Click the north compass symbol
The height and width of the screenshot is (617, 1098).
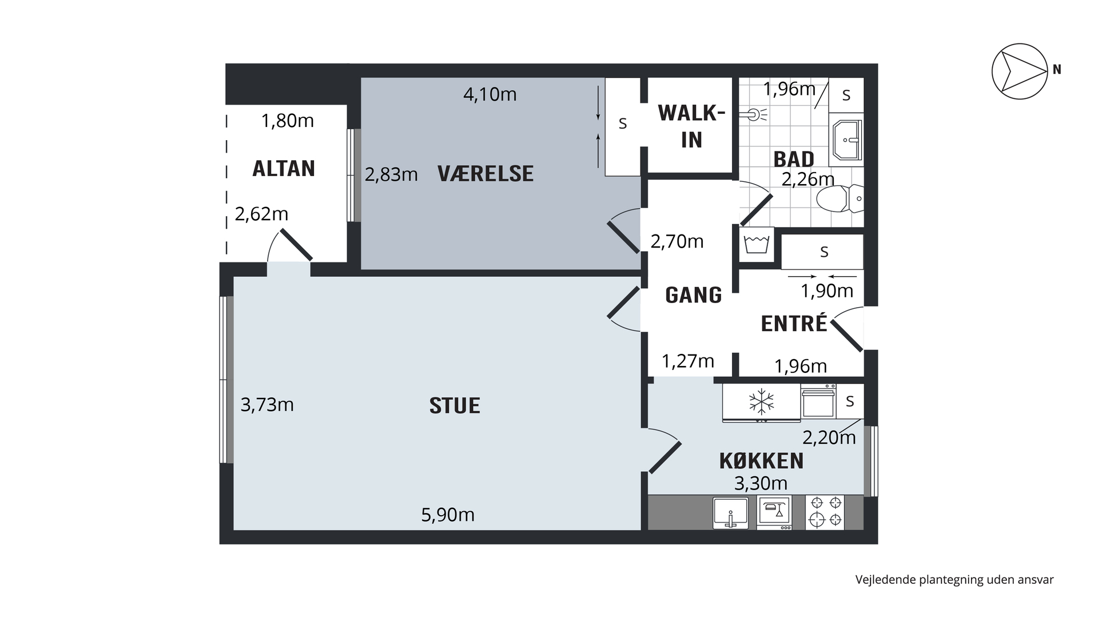click(x=1020, y=71)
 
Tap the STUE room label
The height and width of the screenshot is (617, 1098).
click(x=455, y=406)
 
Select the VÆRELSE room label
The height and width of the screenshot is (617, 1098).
click(x=486, y=174)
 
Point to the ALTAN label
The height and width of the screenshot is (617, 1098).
click(x=284, y=169)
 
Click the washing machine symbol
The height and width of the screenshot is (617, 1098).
click(x=756, y=245)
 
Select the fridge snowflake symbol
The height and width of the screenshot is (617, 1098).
click(x=761, y=402)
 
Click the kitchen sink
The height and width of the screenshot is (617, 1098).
click(x=731, y=512)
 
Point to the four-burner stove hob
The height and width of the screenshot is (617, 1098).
click(x=825, y=512)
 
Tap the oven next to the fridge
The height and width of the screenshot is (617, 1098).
click(x=818, y=403)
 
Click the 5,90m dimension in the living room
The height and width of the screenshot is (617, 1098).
click(x=448, y=515)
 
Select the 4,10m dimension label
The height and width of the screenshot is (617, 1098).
click(x=490, y=94)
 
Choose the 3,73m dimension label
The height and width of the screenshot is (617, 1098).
click(x=267, y=405)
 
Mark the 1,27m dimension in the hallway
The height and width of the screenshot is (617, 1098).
click(x=688, y=361)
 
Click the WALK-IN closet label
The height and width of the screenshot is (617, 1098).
click(x=691, y=126)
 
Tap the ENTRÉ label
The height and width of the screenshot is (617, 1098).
click(x=794, y=323)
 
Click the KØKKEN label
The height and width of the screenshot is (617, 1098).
click(x=761, y=461)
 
